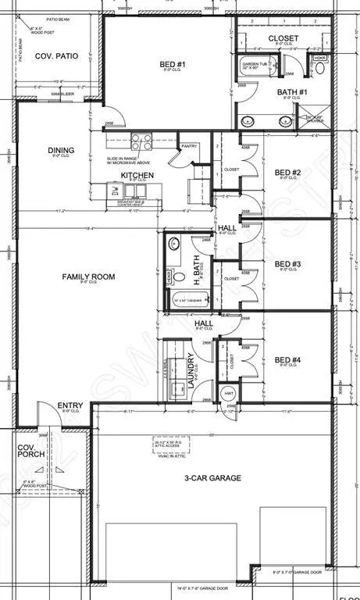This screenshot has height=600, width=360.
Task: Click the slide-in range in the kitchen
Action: (141, 142)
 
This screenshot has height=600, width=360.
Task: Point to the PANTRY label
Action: (188, 145)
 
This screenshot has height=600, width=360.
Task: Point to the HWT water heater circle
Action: (229, 393)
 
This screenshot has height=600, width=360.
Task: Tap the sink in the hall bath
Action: (173, 244)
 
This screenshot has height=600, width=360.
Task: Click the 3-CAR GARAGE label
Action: (212, 477)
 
